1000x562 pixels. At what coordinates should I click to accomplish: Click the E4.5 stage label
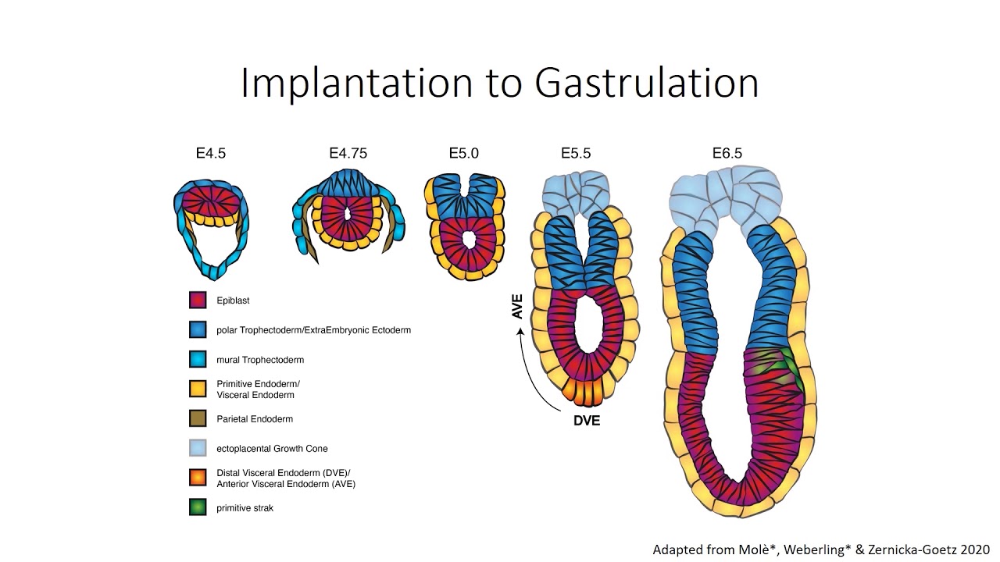(x=211, y=154)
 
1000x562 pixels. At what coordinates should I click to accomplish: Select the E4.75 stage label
(x=348, y=154)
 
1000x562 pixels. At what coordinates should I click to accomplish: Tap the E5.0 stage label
(x=464, y=154)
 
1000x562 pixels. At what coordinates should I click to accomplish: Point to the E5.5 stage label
(x=576, y=154)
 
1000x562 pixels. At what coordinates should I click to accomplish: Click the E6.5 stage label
(x=727, y=154)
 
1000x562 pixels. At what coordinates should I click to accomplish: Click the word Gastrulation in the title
(x=647, y=83)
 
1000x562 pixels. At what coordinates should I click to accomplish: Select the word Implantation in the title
(x=356, y=84)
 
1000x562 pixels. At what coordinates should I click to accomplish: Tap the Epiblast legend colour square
(x=198, y=301)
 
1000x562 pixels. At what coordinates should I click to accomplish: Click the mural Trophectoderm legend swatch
(x=198, y=360)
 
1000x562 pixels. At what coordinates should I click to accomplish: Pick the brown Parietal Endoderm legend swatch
(x=198, y=419)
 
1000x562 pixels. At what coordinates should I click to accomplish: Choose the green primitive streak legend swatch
(x=198, y=507)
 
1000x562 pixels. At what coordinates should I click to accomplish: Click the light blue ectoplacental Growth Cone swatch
(x=198, y=448)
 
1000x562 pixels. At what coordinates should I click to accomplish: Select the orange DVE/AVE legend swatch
(x=198, y=478)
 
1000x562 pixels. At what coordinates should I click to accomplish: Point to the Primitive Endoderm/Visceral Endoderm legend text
(x=258, y=389)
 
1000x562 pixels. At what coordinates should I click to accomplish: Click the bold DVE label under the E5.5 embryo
(x=587, y=421)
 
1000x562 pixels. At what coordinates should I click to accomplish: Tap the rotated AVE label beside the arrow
(x=516, y=307)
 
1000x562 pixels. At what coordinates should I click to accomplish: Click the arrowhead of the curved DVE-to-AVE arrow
(x=520, y=330)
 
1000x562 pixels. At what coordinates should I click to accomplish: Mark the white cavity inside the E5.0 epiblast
(x=468, y=240)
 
